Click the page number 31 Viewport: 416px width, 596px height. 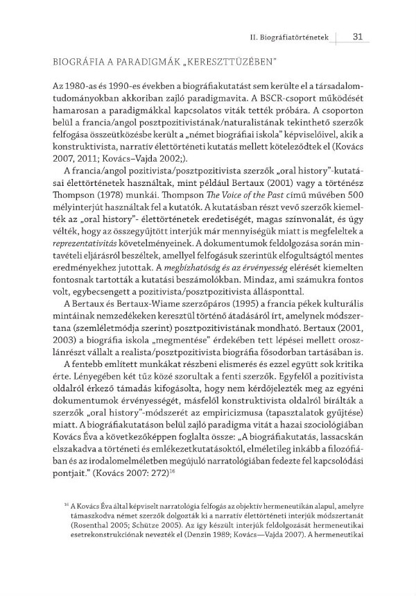pos(358,37)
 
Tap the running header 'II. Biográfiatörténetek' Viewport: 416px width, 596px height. pos(289,37)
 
